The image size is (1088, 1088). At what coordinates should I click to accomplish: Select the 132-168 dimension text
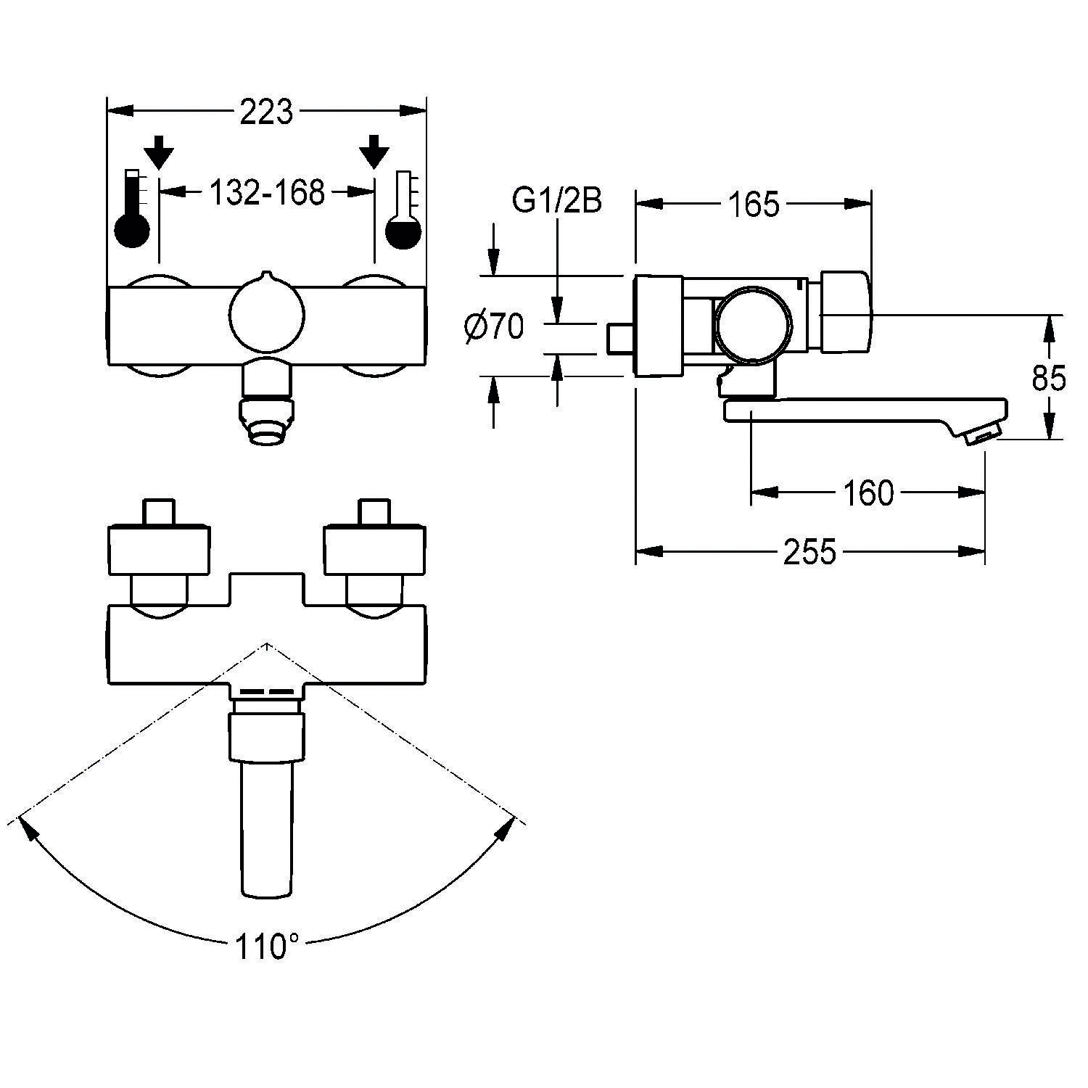tap(266, 193)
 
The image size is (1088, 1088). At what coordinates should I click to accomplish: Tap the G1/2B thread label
tap(556, 202)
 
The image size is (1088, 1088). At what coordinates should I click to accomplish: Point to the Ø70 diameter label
tap(494, 329)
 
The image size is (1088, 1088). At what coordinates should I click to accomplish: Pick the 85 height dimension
tap(1048, 378)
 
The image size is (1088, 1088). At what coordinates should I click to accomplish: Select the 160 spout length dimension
tap(868, 494)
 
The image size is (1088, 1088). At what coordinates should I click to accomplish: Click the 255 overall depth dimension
tap(809, 553)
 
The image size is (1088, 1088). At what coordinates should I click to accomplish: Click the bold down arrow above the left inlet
tap(159, 152)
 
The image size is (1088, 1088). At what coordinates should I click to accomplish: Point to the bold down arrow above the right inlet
tap(374, 152)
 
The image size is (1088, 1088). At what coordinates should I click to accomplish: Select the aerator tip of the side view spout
tap(979, 434)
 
